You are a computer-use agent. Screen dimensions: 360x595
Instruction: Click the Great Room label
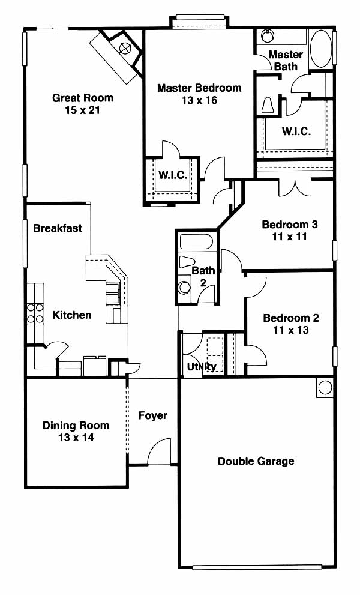[x=83, y=98]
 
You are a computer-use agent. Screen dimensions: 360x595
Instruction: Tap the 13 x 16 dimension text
[x=199, y=100]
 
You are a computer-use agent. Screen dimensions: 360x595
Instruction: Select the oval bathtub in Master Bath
[x=321, y=49]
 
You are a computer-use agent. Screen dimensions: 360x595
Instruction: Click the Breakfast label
[x=57, y=228]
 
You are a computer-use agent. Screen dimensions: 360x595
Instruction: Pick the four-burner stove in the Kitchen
[x=35, y=313]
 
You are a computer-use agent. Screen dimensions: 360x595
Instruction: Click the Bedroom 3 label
[x=290, y=225]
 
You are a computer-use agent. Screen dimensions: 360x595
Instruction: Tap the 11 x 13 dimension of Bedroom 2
[x=291, y=330]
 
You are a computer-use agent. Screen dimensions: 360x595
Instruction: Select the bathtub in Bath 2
[x=197, y=242]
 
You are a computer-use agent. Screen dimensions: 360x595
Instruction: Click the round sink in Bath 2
[x=185, y=287]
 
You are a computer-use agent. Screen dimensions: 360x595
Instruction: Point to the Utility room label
[x=202, y=367]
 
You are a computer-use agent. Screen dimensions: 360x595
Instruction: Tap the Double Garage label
[x=256, y=461]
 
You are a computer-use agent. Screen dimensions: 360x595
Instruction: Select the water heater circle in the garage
[x=325, y=387]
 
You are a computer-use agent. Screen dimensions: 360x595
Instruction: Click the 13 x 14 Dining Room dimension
[x=76, y=438]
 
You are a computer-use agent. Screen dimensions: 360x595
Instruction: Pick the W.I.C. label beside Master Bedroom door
[x=173, y=175]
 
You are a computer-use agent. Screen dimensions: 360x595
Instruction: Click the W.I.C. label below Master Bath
[x=296, y=131]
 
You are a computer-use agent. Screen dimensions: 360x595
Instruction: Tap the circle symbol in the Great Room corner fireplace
[x=124, y=49]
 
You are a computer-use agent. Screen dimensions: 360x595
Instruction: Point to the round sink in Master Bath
[x=268, y=37]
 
